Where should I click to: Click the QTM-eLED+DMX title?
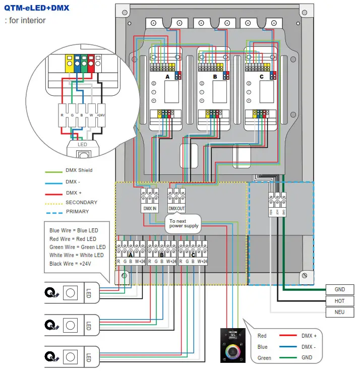tap(37, 8)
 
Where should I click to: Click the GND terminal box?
tap(340, 289)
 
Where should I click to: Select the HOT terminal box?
tap(340, 301)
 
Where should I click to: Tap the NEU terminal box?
tap(340, 312)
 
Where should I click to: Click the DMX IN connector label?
tap(150, 209)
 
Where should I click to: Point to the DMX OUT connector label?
tap(176, 209)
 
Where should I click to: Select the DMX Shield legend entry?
tap(79, 170)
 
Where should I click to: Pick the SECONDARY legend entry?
tap(81, 202)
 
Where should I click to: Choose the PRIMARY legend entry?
tap(77, 212)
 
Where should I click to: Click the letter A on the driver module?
tap(167, 76)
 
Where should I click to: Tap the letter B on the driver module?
tap(215, 76)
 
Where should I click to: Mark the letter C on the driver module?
tap(261, 76)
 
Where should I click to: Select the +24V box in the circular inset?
tap(101, 114)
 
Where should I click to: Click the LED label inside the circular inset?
tap(82, 145)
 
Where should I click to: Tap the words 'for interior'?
tap(27, 21)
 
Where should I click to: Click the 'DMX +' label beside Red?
tap(309, 336)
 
